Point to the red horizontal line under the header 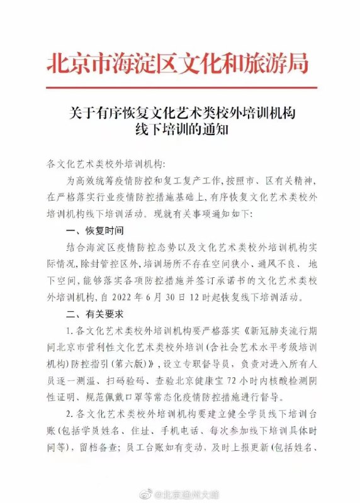(180, 87)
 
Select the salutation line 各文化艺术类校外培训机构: (104, 164)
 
